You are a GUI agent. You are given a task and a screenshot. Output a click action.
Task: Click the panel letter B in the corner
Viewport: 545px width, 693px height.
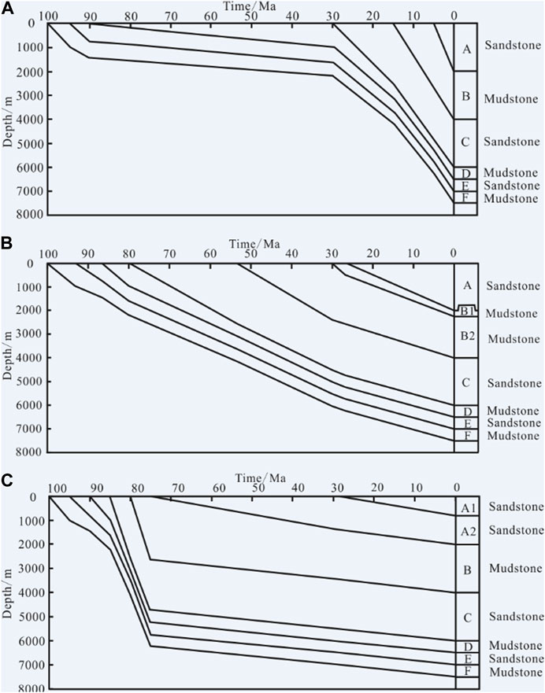click(x=7, y=244)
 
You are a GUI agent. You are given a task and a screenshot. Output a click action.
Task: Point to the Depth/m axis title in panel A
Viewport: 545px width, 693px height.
click(x=7, y=119)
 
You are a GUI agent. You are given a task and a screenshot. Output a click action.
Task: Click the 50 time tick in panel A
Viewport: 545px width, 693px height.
click(x=250, y=16)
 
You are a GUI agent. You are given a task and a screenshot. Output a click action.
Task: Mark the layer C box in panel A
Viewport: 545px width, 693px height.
click(x=465, y=142)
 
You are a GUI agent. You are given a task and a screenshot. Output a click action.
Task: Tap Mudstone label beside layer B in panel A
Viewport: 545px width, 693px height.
click(x=511, y=99)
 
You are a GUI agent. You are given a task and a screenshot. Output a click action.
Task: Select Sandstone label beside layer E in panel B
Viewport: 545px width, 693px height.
click(x=513, y=423)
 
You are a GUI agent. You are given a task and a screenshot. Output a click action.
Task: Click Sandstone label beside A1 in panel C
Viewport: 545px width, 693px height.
click(x=515, y=507)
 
